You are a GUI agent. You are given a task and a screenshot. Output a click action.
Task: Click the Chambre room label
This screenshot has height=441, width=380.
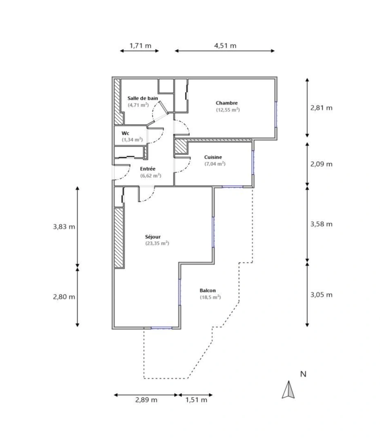click(227, 103)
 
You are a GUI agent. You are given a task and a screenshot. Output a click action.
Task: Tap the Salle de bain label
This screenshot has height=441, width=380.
click(142, 98)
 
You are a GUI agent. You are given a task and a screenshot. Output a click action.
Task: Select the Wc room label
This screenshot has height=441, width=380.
click(125, 133)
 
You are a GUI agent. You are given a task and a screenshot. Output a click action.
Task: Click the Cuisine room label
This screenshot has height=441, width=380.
click(213, 157)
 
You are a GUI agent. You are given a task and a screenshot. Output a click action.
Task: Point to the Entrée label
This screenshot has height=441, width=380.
click(148, 169)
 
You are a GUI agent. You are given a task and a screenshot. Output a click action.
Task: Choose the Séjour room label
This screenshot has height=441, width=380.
click(153, 236)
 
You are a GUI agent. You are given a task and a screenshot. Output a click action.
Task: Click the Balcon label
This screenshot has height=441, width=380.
click(208, 290)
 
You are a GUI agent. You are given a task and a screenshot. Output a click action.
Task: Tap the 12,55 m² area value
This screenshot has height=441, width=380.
click(228, 109)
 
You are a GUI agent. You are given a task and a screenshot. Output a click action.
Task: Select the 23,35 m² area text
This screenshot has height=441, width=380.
click(157, 243)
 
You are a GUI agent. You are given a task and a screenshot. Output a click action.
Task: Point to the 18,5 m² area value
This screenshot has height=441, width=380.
click(210, 297)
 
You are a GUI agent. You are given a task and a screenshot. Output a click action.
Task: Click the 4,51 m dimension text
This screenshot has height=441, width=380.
click(225, 45)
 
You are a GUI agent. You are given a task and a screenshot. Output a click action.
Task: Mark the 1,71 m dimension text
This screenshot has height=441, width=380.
click(140, 45)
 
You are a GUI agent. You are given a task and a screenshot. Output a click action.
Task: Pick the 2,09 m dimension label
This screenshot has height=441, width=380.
click(321, 164)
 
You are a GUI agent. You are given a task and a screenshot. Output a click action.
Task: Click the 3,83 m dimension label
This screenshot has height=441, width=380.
click(64, 227)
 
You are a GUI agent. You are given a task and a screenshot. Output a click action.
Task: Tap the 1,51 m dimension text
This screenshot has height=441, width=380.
click(196, 400)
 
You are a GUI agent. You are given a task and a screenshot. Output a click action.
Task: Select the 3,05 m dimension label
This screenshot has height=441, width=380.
click(321, 294)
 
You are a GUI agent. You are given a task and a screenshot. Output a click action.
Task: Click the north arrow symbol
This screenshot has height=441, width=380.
click(288, 390)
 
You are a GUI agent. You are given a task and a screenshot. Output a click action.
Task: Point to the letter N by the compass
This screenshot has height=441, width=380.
click(303, 374)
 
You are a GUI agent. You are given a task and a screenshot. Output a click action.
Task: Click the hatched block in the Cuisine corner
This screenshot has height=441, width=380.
click(180, 147)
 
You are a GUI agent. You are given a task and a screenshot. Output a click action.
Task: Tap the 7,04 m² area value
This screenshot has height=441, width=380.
click(215, 164)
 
